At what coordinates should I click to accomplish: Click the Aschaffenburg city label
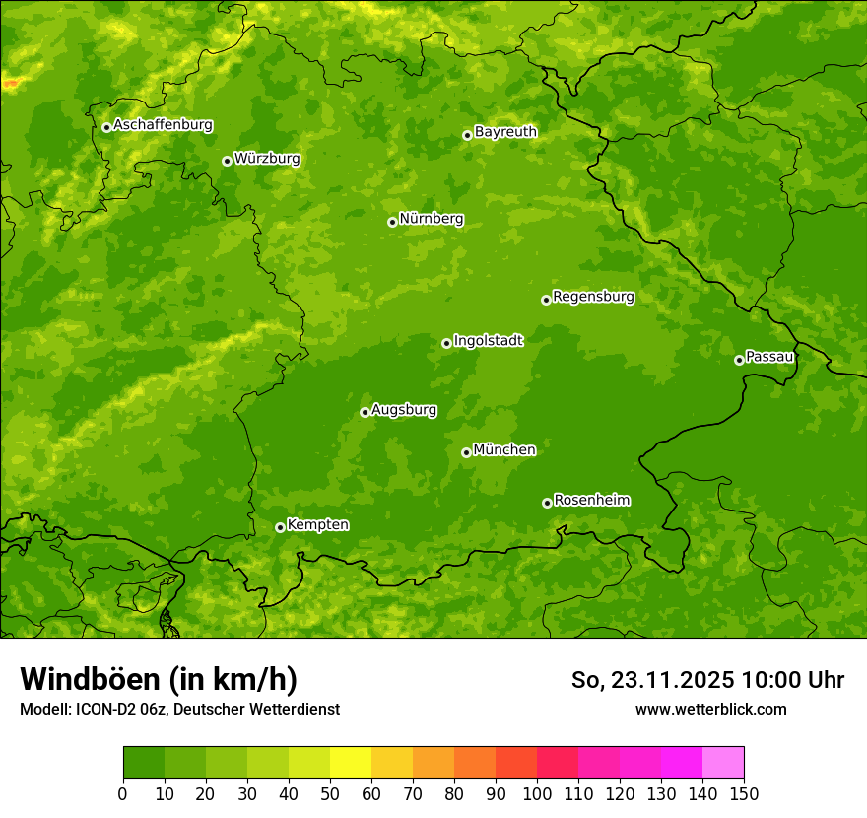click(x=163, y=125)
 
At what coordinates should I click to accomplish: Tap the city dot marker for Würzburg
click(x=227, y=161)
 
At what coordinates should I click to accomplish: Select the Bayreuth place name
click(x=505, y=132)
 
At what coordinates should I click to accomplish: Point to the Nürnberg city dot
click(x=392, y=222)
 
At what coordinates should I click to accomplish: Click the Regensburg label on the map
click(x=593, y=297)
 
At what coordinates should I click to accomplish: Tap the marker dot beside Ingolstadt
click(x=446, y=343)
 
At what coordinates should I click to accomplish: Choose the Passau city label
click(x=769, y=357)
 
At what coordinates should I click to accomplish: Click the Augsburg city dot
click(x=365, y=412)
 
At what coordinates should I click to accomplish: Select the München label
click(x=504, y=450)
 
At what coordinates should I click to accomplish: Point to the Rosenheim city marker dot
click(x=547, y=503)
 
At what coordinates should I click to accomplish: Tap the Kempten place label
click(x=317, y=525)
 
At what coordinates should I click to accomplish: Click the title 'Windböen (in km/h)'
click(x=159, y=679)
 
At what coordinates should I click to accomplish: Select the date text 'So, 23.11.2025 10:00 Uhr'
click(x=707, y=680)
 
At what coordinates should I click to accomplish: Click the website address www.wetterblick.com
click(x=710, y=709)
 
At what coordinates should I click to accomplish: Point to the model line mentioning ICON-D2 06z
click(x=179, y=709)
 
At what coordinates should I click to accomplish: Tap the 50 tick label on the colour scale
click(x=329, y=794)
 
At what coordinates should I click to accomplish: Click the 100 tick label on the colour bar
click(x=536, y=794)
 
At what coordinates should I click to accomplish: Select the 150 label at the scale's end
click(x=743, y=794)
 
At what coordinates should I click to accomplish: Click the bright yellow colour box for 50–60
click(x=351, y=763)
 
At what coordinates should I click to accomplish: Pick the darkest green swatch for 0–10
click(x=144, y=763)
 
